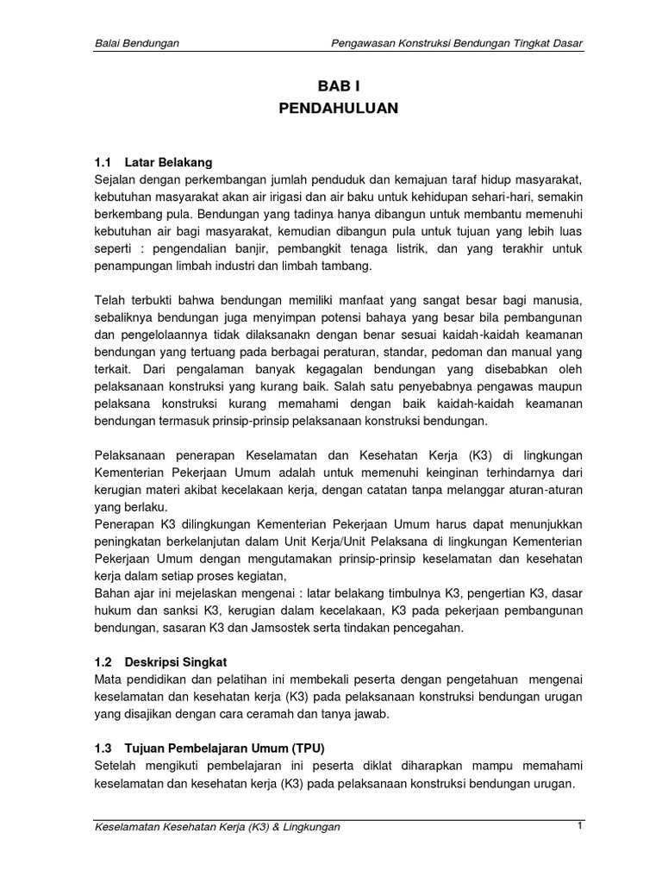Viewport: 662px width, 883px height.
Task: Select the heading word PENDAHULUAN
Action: (337, 110)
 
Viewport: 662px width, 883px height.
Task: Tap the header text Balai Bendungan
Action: (136, 43)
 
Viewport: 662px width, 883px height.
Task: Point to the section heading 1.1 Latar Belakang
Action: (153, 162)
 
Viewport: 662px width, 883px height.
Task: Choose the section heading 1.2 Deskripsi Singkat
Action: (160, 661)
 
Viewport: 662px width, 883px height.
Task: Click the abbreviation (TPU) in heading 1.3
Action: (308, 747)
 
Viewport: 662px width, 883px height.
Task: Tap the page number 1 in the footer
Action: (581, 826)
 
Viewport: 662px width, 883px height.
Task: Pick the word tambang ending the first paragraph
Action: (347, 266)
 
